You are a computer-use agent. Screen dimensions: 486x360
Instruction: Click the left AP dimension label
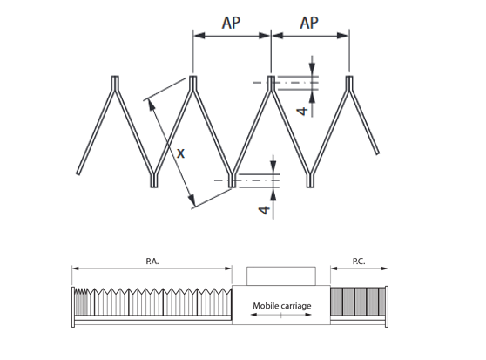(x=231, y=23)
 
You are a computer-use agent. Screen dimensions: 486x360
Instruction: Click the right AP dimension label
(x=309, y=23)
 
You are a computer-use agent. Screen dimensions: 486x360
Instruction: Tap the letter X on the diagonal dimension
(x=180, y=153)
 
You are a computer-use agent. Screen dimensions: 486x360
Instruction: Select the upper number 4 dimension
(x=302, y=111)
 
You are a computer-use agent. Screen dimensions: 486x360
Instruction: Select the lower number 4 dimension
(x=264, y=210)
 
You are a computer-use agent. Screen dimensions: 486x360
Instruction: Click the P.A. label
(x=152, y=262)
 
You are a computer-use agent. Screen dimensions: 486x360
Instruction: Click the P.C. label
(x=359, y=262)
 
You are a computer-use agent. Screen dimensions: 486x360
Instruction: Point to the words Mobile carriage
(x=282, y=306)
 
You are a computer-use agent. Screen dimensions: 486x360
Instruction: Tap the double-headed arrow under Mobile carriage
(x=280, y=315)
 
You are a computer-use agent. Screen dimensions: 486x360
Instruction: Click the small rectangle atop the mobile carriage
(x=281, y=276)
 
